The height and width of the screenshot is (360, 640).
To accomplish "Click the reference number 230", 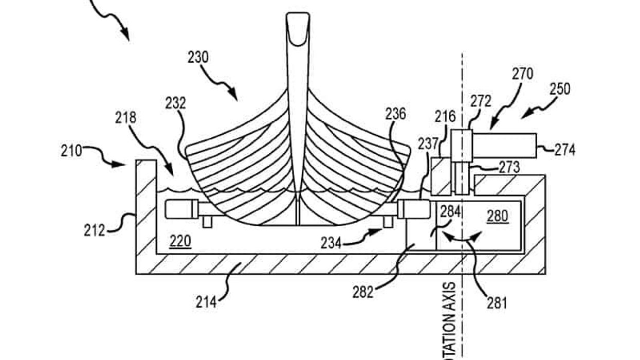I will click(x=198, y=57).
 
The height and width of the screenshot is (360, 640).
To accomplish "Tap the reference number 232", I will click(x=176, y=103).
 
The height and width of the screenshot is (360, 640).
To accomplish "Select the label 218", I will click(x=125, y=118).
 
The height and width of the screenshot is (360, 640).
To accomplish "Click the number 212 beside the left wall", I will click(x=94, y=229).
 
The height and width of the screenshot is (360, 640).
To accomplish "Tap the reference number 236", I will click(x=395, y=114).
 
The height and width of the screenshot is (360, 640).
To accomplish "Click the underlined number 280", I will click(x=498, y=216).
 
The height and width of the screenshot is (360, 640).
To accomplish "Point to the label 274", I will click(x=564, y=150).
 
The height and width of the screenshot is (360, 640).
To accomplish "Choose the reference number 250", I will click(x=559, y=89).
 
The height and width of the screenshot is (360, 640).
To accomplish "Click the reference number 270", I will click(x=522, y=74).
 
